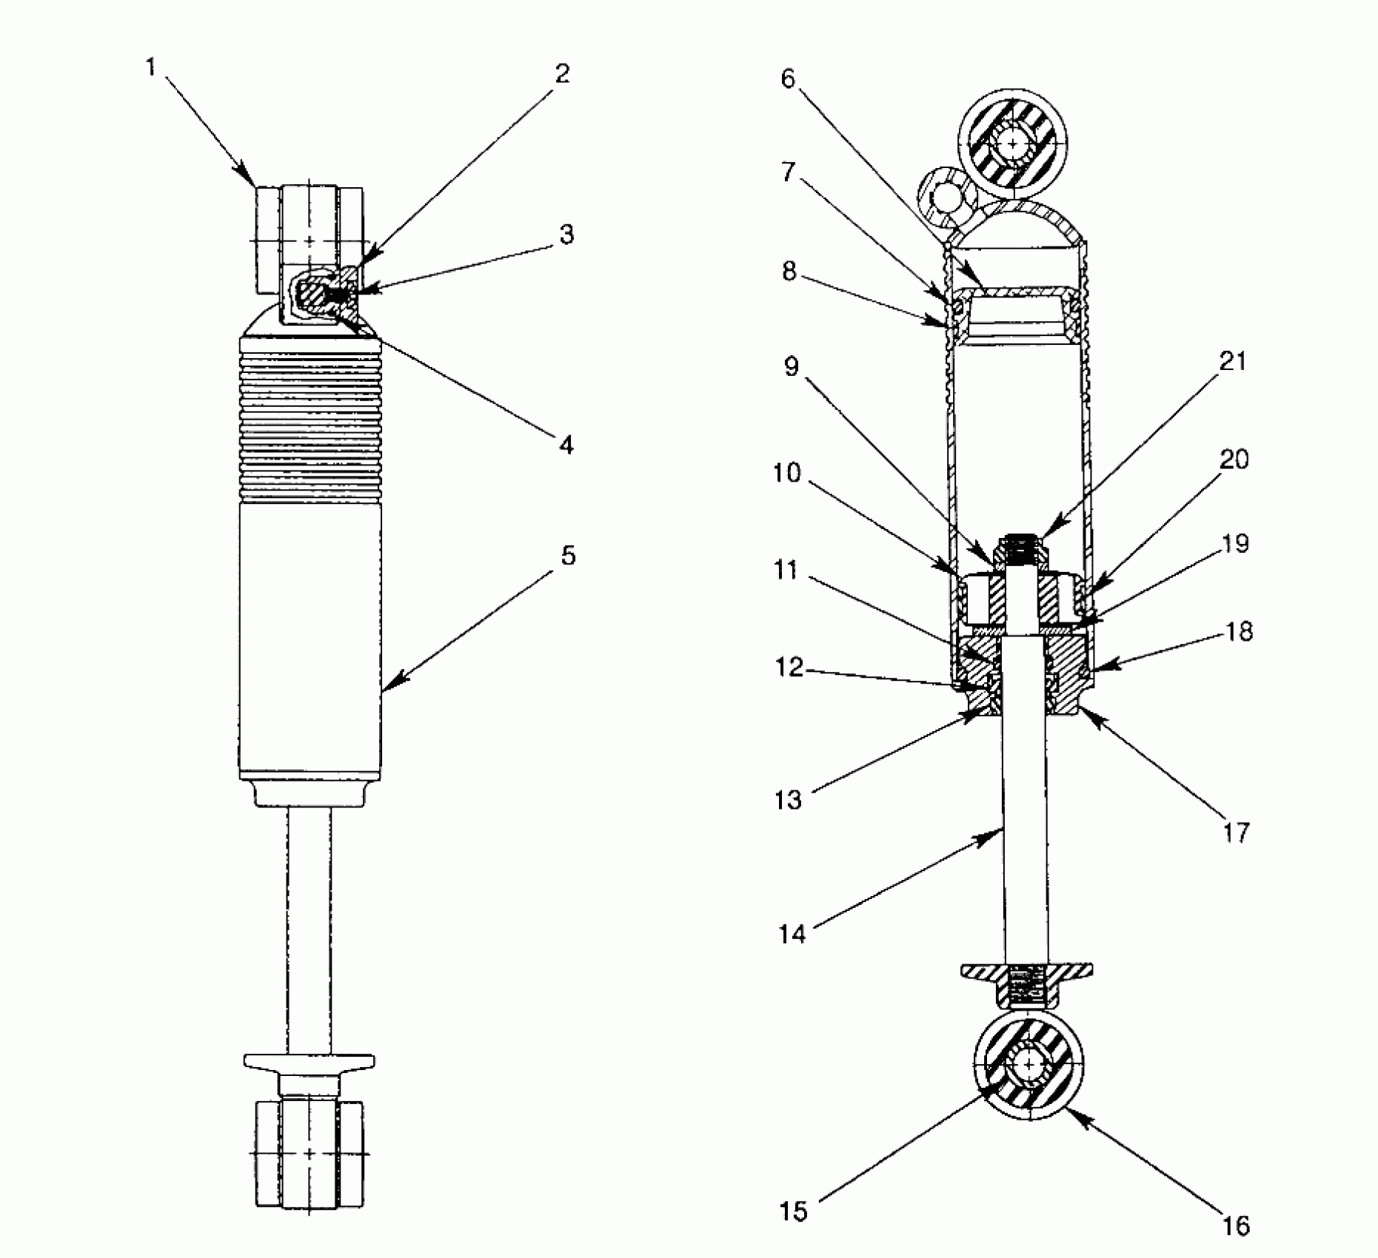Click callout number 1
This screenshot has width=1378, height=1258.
click(x=151, y=68)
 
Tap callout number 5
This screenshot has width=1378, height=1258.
click(x=567, y=556)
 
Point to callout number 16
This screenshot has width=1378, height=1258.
click(x=1236, y=1225)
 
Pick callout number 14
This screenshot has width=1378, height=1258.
click(x=791, y=934)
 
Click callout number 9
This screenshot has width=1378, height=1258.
click(x=791, y=367)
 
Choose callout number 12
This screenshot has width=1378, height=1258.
click(x=789, y=668)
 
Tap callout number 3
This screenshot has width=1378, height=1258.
click(x=566, y=235)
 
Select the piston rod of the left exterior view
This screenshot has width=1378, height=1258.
click(x=310, y=925)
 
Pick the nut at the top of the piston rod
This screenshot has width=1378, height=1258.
click(x=1024, y=550)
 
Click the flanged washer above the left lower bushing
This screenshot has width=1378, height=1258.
click(x=310, y=1061)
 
